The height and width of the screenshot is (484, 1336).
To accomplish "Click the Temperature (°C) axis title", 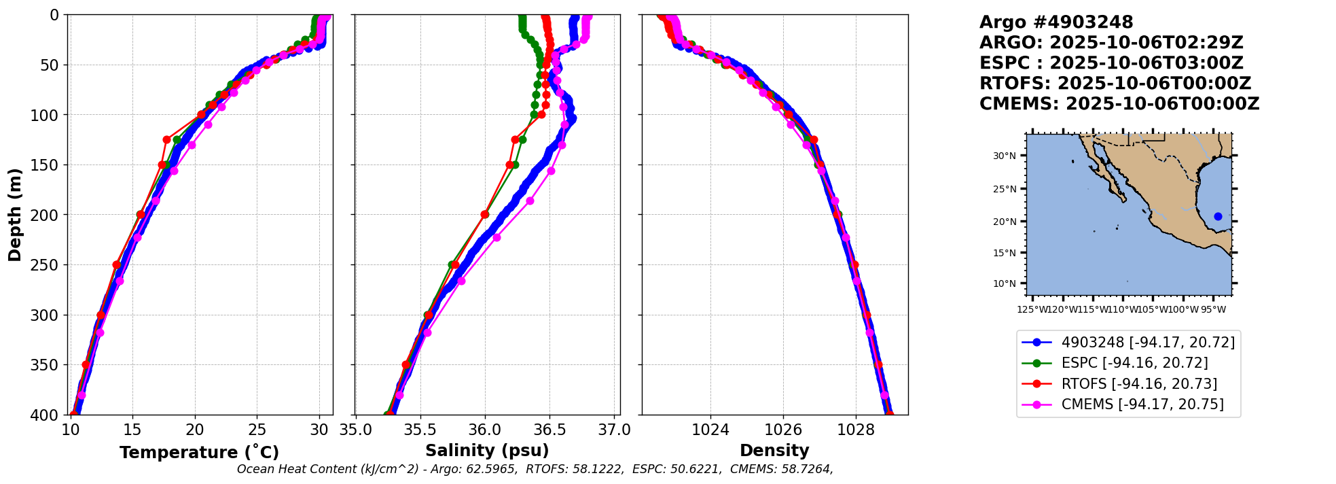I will click(199, 453).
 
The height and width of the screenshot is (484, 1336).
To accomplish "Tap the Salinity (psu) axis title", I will click(487, 451).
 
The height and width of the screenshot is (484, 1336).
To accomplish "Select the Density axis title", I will click(774, 451).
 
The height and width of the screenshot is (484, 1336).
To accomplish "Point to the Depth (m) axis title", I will click(15, 215).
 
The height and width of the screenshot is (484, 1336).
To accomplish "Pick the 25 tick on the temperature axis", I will click(257, 430).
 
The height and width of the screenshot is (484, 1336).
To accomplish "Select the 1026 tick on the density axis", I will click(783, 430).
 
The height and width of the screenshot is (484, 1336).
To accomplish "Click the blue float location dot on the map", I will click(1218, 216).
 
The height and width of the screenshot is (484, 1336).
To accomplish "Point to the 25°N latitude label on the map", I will click(1005, 189).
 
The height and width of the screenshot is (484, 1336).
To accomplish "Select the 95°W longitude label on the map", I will click(1213, 310).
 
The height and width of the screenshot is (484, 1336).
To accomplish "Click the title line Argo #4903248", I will click(1056, 22).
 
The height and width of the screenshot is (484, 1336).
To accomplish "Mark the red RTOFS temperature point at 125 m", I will click(166, 139).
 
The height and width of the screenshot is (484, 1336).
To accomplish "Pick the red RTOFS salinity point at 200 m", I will click(485, 215).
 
